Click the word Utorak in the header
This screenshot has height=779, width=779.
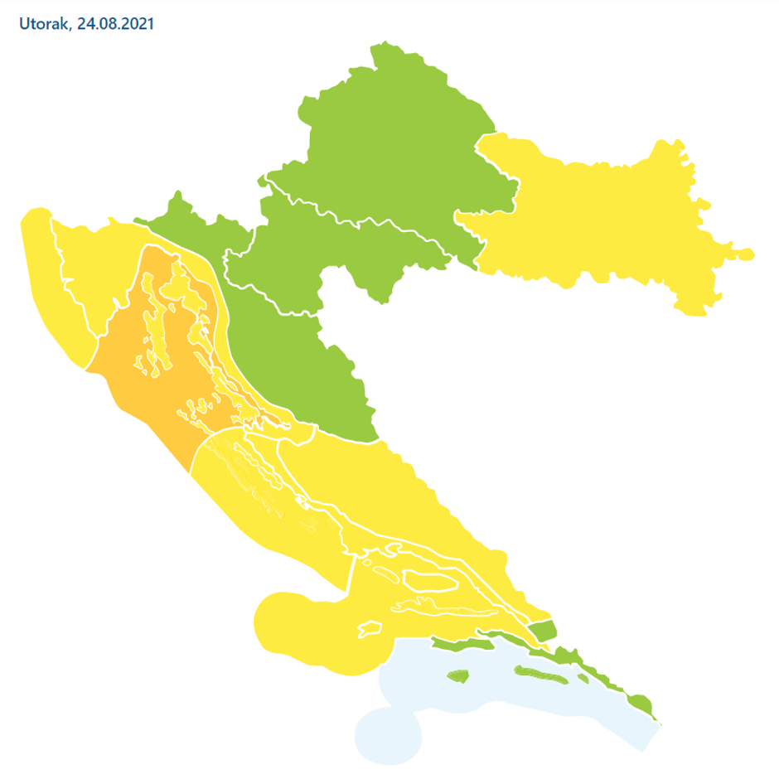44,25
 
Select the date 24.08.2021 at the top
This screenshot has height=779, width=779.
115,25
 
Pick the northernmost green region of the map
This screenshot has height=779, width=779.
398,133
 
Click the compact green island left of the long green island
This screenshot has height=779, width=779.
457,676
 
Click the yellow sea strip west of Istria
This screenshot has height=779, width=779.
50,290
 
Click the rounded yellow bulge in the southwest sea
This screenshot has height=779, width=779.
290,622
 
